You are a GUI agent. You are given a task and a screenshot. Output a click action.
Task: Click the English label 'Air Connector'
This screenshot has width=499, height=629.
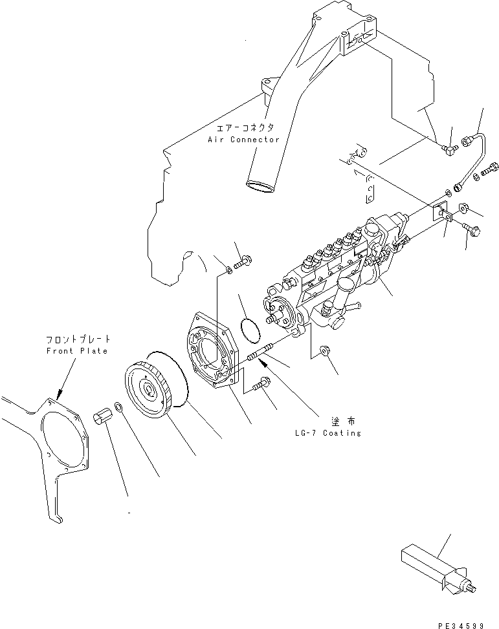click(243, 140)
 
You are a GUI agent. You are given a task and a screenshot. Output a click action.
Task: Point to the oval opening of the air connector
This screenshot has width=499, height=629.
click(260, 187)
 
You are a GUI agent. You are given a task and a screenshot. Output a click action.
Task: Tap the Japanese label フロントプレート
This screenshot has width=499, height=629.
click(78, 339)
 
